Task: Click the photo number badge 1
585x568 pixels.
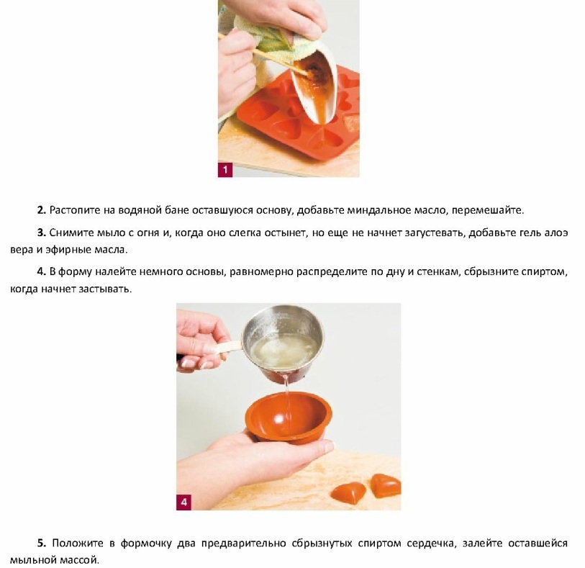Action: [x=225, y=170]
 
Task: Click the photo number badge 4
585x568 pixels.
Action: [x=183, y=502]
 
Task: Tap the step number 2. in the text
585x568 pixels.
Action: [x=42, y=210]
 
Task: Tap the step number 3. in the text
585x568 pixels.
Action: [x=42, y=233]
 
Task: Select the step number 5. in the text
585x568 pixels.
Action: [x=42, y=543]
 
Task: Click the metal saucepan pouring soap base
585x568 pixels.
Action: [x=283, y=343]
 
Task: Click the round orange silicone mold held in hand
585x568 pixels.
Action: [x=289, y=418]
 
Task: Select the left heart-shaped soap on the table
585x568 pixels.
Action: [x=348, y=492]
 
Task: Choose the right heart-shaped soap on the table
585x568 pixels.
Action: [x=386, y=485]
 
